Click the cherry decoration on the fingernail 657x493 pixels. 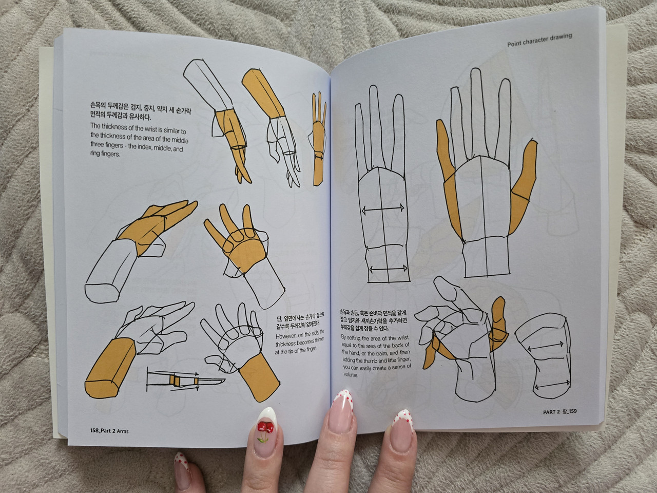click(x=265, y=430)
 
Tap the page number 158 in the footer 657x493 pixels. click(x=94, y=430)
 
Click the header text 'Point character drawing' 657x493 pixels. click(x=539, y=40)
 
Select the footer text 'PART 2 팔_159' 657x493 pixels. click(x=559, y=411)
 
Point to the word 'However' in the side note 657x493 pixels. click(x=286, y=336)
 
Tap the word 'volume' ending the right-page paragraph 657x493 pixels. click(x=351, y=374)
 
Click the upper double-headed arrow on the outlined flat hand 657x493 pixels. click(x=383, y=209)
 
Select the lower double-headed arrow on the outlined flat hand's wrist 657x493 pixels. click(x=388, y=269)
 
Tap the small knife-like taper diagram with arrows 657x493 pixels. click(x=186, y=381)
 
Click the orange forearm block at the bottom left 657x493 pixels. click(x=110, y=369)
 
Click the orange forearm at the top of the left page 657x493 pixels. click(x=263, y=93)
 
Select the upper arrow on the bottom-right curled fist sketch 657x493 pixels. click(x=545, y=346)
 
